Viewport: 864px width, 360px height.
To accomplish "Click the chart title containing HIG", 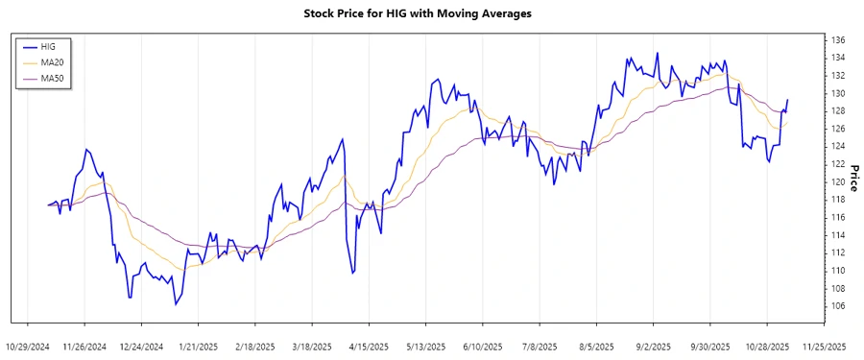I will (x=431, y=14).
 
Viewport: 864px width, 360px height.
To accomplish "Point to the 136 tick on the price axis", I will (x=838, y=40).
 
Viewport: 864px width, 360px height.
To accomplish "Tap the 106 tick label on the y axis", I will (x=838, y=306).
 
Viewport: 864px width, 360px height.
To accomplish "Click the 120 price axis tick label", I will (x=838, y=182).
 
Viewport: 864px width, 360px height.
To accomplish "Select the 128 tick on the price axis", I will (x=838, y=111).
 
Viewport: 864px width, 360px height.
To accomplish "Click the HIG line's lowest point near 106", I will (x=176, y=305).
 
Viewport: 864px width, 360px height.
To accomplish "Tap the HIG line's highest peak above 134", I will (x=658, y=53).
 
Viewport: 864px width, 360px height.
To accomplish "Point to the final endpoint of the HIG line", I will (x=788, y=100).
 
